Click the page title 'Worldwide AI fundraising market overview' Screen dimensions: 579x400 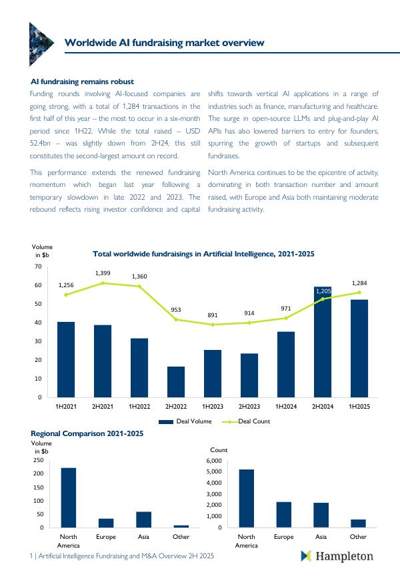pos(164,43)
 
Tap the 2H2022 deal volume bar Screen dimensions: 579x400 pos(176,381)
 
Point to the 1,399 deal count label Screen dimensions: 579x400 pos(103,273)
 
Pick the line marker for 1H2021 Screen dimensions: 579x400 pos(66,295)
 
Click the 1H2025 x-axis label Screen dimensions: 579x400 pos(359,406)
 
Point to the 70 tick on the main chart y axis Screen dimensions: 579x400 pos(37,266)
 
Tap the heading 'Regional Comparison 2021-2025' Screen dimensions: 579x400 pos(87,433)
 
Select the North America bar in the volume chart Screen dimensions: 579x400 pos(69,498)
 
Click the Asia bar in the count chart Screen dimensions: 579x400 pos(321,515)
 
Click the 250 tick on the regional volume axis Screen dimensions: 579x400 pos(37,461)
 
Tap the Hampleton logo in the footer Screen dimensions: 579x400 pos(337,556)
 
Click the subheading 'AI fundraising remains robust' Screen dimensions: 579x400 pos(83,81)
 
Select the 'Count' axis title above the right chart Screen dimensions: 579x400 pos(219,450)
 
